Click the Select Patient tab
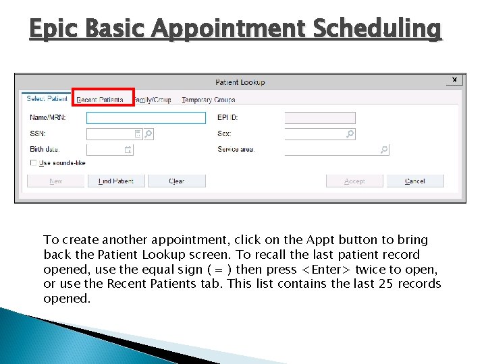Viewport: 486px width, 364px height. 47,98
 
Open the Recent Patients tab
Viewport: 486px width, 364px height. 100,100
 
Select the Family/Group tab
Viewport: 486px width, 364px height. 153,100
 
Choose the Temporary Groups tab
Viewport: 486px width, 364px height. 209,100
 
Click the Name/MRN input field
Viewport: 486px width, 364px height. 146,118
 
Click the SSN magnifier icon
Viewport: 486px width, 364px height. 148,134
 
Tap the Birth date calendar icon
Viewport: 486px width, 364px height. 128,150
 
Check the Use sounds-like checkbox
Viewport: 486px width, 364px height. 34,163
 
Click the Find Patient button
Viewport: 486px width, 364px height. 116,181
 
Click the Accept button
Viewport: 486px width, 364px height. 354,181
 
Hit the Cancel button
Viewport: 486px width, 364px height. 414,181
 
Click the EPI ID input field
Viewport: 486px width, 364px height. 319,118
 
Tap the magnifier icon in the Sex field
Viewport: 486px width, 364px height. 350,134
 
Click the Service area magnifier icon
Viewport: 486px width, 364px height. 384,150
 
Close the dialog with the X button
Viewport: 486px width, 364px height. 454,80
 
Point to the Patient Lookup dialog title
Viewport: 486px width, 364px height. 240,82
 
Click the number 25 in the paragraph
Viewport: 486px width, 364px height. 385,283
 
